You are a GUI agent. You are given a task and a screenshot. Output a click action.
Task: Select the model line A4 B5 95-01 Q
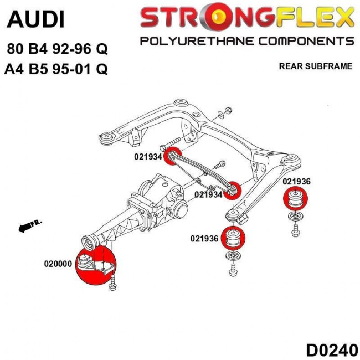56,69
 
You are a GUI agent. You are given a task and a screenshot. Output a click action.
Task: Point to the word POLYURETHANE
197,41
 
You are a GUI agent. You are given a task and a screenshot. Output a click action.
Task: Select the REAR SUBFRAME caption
316,66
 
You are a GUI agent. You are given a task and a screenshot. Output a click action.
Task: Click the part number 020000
58,264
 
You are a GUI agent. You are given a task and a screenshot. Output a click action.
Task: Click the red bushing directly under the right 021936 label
295,198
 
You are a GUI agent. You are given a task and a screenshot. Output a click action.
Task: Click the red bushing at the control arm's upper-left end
174,156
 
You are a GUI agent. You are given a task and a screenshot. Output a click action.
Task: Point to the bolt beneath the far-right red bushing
294,227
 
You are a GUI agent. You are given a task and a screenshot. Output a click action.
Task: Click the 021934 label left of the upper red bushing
147,157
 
